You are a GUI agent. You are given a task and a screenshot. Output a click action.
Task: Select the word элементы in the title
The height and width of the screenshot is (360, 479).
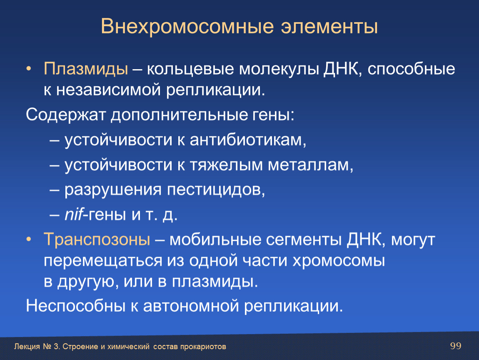click(x=329, y=27)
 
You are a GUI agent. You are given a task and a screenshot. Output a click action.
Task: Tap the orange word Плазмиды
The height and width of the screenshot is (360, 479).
click(x=86, y=69)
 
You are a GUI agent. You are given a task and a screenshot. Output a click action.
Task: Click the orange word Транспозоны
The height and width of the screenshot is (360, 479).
click(x=97, y=239)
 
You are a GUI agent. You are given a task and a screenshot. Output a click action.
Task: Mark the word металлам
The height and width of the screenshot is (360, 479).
click(x=310, y=165)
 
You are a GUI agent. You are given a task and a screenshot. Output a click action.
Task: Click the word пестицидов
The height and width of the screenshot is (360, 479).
click(x=216, y=190)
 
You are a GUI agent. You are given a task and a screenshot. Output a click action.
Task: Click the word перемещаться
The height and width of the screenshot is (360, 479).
click(x=103, y=261)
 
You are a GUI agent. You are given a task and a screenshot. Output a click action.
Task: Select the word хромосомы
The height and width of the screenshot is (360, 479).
click(x=339, y=261)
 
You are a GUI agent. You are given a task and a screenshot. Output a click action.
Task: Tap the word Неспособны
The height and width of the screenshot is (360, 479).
click(x=76, y=305)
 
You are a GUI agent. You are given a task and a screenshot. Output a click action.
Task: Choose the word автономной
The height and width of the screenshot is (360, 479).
click(x=191, y=306)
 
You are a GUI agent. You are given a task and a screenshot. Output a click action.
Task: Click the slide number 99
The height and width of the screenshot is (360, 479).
click(x=456, y=346)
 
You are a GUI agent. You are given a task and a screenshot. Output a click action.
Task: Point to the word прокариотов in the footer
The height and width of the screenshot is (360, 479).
click(x=203, y=347)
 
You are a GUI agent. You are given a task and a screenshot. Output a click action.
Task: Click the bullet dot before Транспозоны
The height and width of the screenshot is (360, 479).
click(x=29, y=240)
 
